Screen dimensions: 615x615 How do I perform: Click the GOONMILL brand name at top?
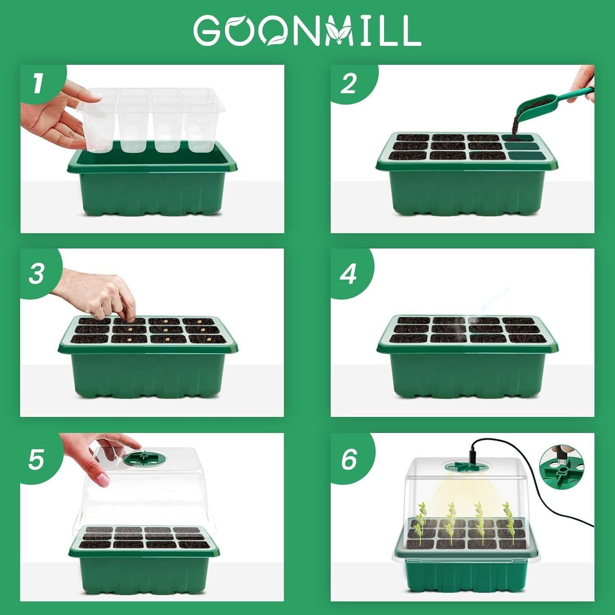point(307,31)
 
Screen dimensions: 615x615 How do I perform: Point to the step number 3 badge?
point(37,273)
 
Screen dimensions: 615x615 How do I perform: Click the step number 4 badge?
point(348,273)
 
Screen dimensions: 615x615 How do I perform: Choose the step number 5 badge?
point(36,459)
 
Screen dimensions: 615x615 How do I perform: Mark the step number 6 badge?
point(349,459)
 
